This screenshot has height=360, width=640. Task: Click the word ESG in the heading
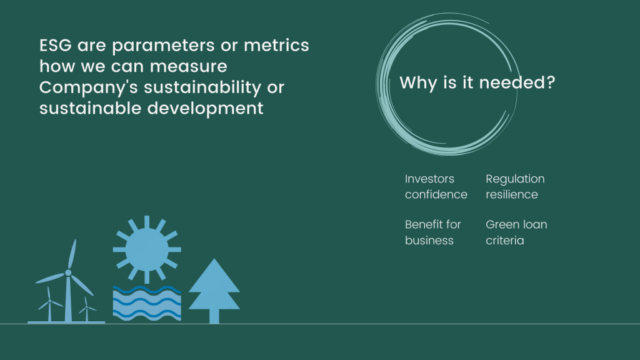56,45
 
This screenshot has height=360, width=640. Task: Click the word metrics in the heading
276,45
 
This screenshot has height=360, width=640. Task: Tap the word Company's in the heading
89,87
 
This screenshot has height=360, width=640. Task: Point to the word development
205,109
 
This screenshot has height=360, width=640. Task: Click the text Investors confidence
436,186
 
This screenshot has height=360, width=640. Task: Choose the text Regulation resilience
515,186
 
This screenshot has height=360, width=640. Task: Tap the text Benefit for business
432,232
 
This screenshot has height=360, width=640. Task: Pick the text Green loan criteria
516,232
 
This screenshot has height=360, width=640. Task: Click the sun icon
147,250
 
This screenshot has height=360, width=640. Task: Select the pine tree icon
214,291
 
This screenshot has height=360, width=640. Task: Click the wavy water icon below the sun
147,303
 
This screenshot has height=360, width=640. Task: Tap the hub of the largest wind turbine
68,272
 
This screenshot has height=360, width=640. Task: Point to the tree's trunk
214,316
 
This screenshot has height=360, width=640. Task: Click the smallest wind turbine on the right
86,309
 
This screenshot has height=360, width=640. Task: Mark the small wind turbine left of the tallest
50,304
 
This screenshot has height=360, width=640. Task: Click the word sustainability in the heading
202,87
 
